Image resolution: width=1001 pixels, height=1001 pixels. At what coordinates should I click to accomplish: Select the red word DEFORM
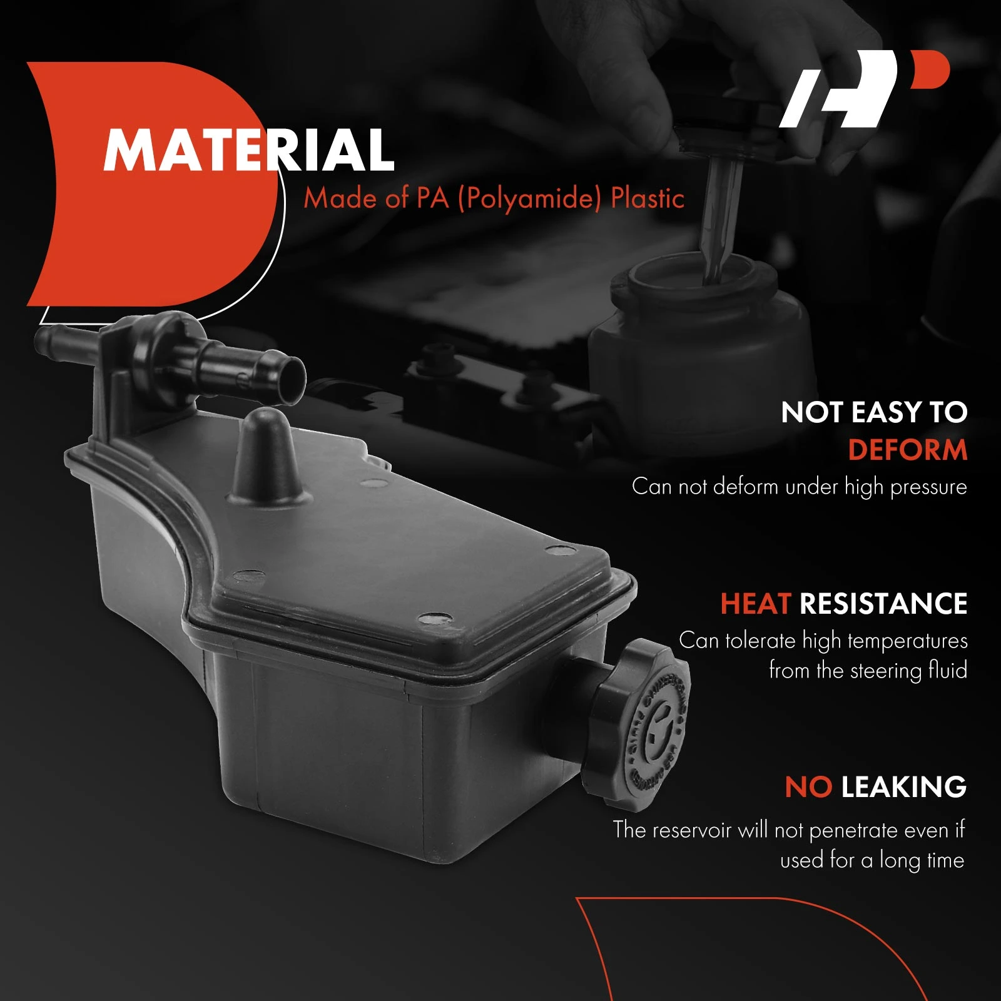pyautogui.click(x=908, y=450)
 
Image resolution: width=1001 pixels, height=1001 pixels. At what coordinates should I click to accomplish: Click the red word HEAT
pyautogui.click(x=756, y=604)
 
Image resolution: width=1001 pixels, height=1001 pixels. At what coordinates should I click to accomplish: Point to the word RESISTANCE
pyautogui.click(x=883, y=604)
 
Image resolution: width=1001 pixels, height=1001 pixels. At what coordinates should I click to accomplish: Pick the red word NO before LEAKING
pyautogui.click(x=808, y=787)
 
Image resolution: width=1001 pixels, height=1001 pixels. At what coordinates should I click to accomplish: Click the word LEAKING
pyautogui.click(x=904, y=787)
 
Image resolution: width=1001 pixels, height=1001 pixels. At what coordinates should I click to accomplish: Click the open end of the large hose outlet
pyautogui.click(x=292, y=378)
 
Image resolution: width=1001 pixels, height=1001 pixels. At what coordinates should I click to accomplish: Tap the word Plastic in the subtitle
pyautogui.click(x=648, y=198)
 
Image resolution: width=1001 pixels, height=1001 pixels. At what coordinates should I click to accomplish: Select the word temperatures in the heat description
pyautogui.click(x=908, y=641)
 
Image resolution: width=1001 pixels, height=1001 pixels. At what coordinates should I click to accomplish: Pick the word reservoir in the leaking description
pyautogui.click(x=696, y=830)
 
